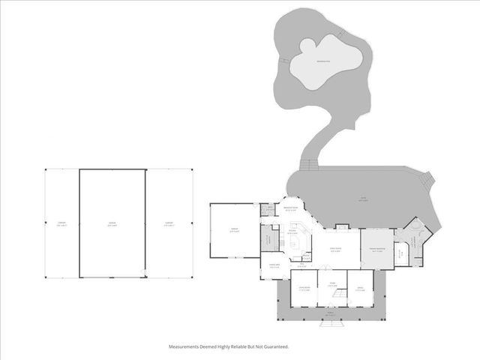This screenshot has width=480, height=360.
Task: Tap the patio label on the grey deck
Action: pyautogui.click(x=363, y=199)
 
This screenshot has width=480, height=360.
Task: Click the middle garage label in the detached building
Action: pyautogui.click(x=112, y=223)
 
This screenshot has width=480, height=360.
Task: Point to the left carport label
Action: pyautogui.click(x=62, y=223)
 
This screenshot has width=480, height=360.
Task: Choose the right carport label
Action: pyautogui.click(x=169, y=223)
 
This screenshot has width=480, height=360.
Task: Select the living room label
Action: pyautogui.click(x=337, y=250)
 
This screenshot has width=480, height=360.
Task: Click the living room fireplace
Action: pyautogui.click(x=342, y=226)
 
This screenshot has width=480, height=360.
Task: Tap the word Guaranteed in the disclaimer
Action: pyautogui.click(x=273, y=346)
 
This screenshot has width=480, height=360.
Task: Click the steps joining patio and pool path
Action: pyautogui.click(x=306, y=166)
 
